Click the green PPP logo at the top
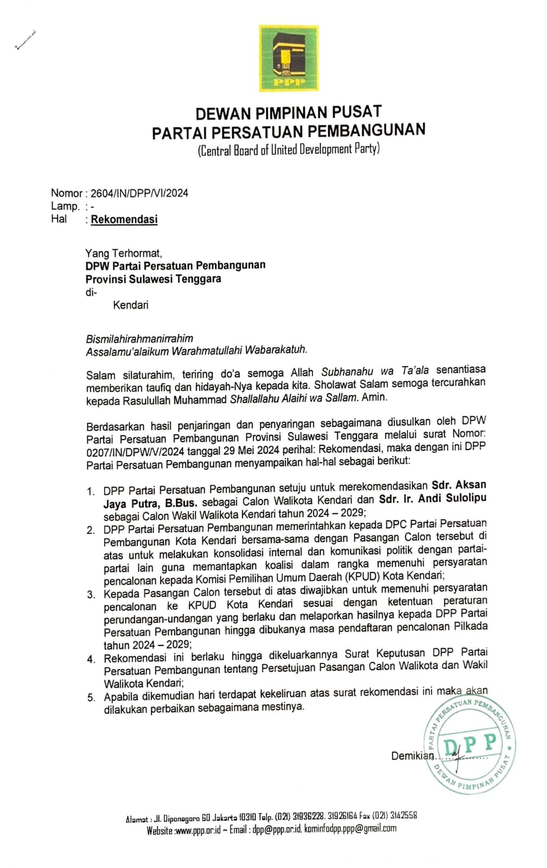[289, 58]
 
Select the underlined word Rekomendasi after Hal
[124, 220]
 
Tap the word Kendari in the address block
[130, 305]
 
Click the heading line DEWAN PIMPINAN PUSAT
[288, 113]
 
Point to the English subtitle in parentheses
[288, 149]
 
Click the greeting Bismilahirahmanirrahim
[139, 339]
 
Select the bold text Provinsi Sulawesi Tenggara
[154, 279]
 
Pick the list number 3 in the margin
[91, 595]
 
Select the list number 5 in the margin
[91, 698]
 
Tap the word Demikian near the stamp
[412, 756]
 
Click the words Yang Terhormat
[123, 253]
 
